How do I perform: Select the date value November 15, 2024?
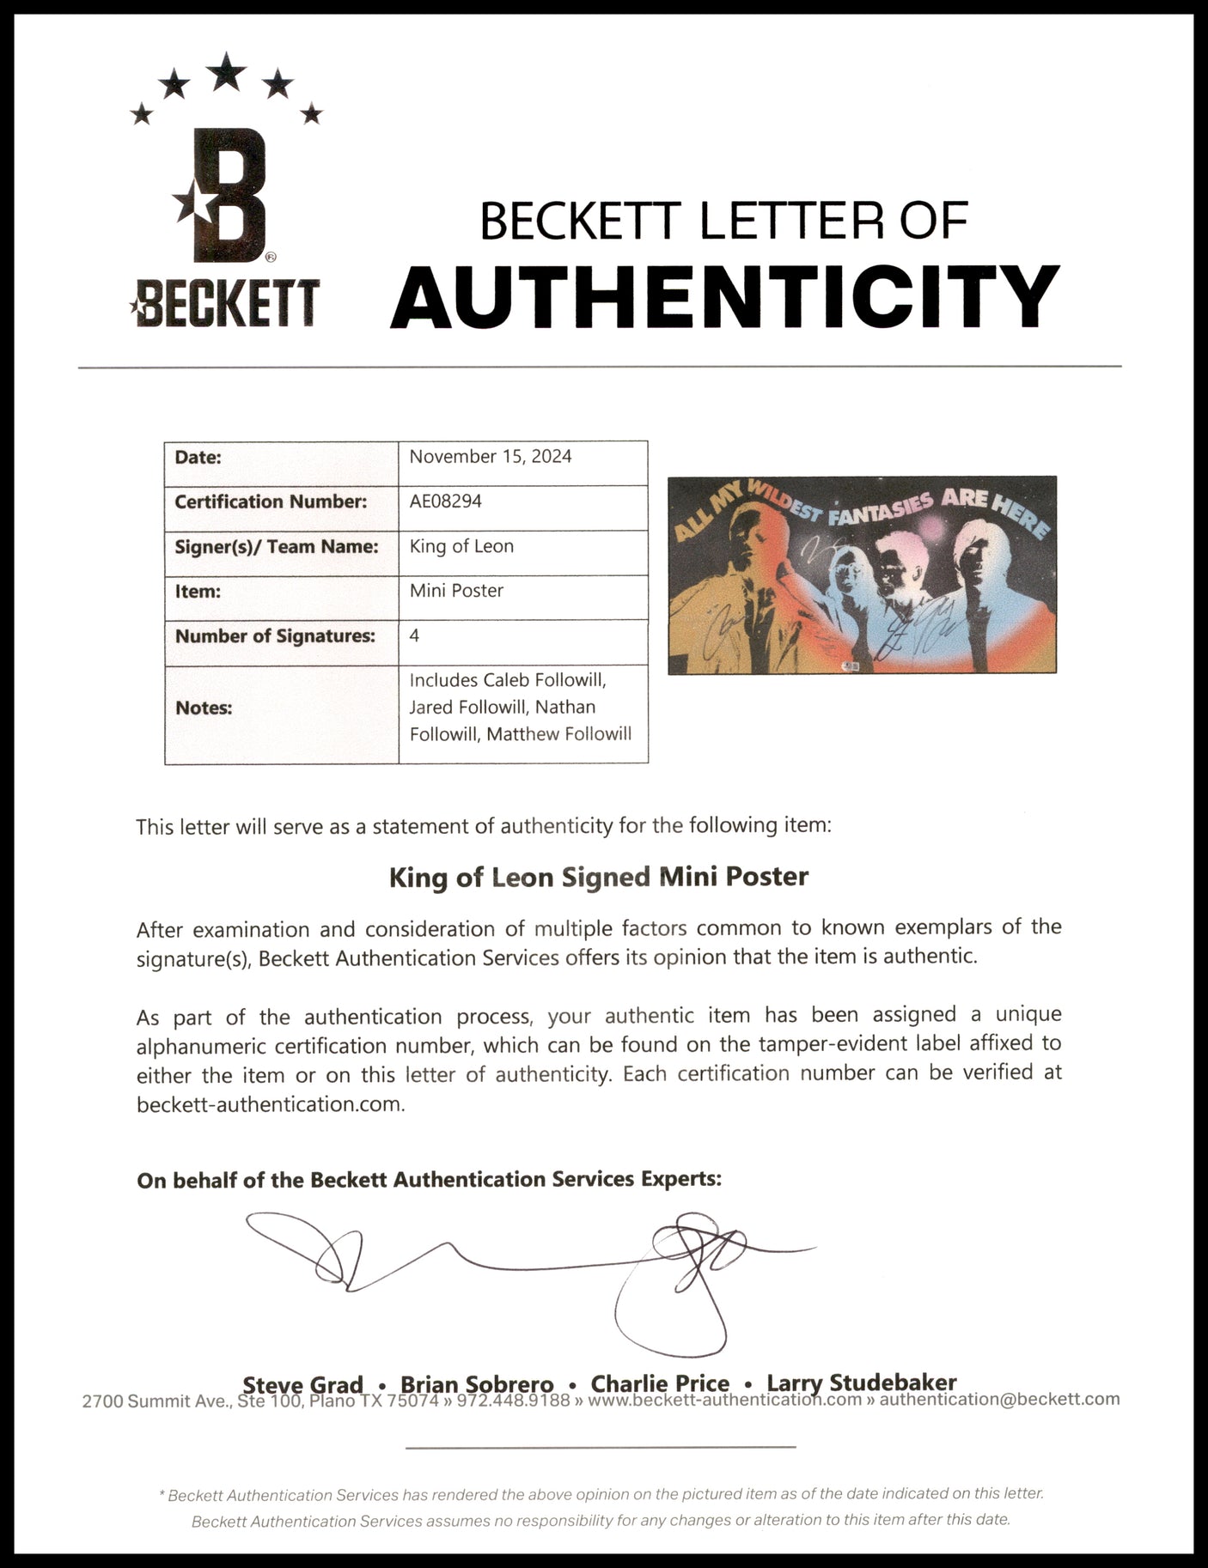click(490, 457)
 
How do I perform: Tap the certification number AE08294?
click(445, 501)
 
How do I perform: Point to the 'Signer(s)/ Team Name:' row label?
click(277, 546)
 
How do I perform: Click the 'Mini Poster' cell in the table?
click(456, 591)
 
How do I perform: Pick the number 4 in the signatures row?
click(415, 635)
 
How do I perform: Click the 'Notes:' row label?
click(204, 708)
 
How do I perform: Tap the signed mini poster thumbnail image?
click(862, 574)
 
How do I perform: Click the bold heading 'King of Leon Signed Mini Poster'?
click(599, 877)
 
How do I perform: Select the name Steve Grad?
click(302, 1384)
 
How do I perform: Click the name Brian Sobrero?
click(477, 1384)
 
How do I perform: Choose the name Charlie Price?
click(660, 1383)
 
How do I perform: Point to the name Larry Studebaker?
click(862, 1383)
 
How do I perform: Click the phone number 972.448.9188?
click(513, 1401)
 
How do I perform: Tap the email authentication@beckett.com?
click(999, 1400)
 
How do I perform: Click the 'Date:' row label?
click(198, 457)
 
